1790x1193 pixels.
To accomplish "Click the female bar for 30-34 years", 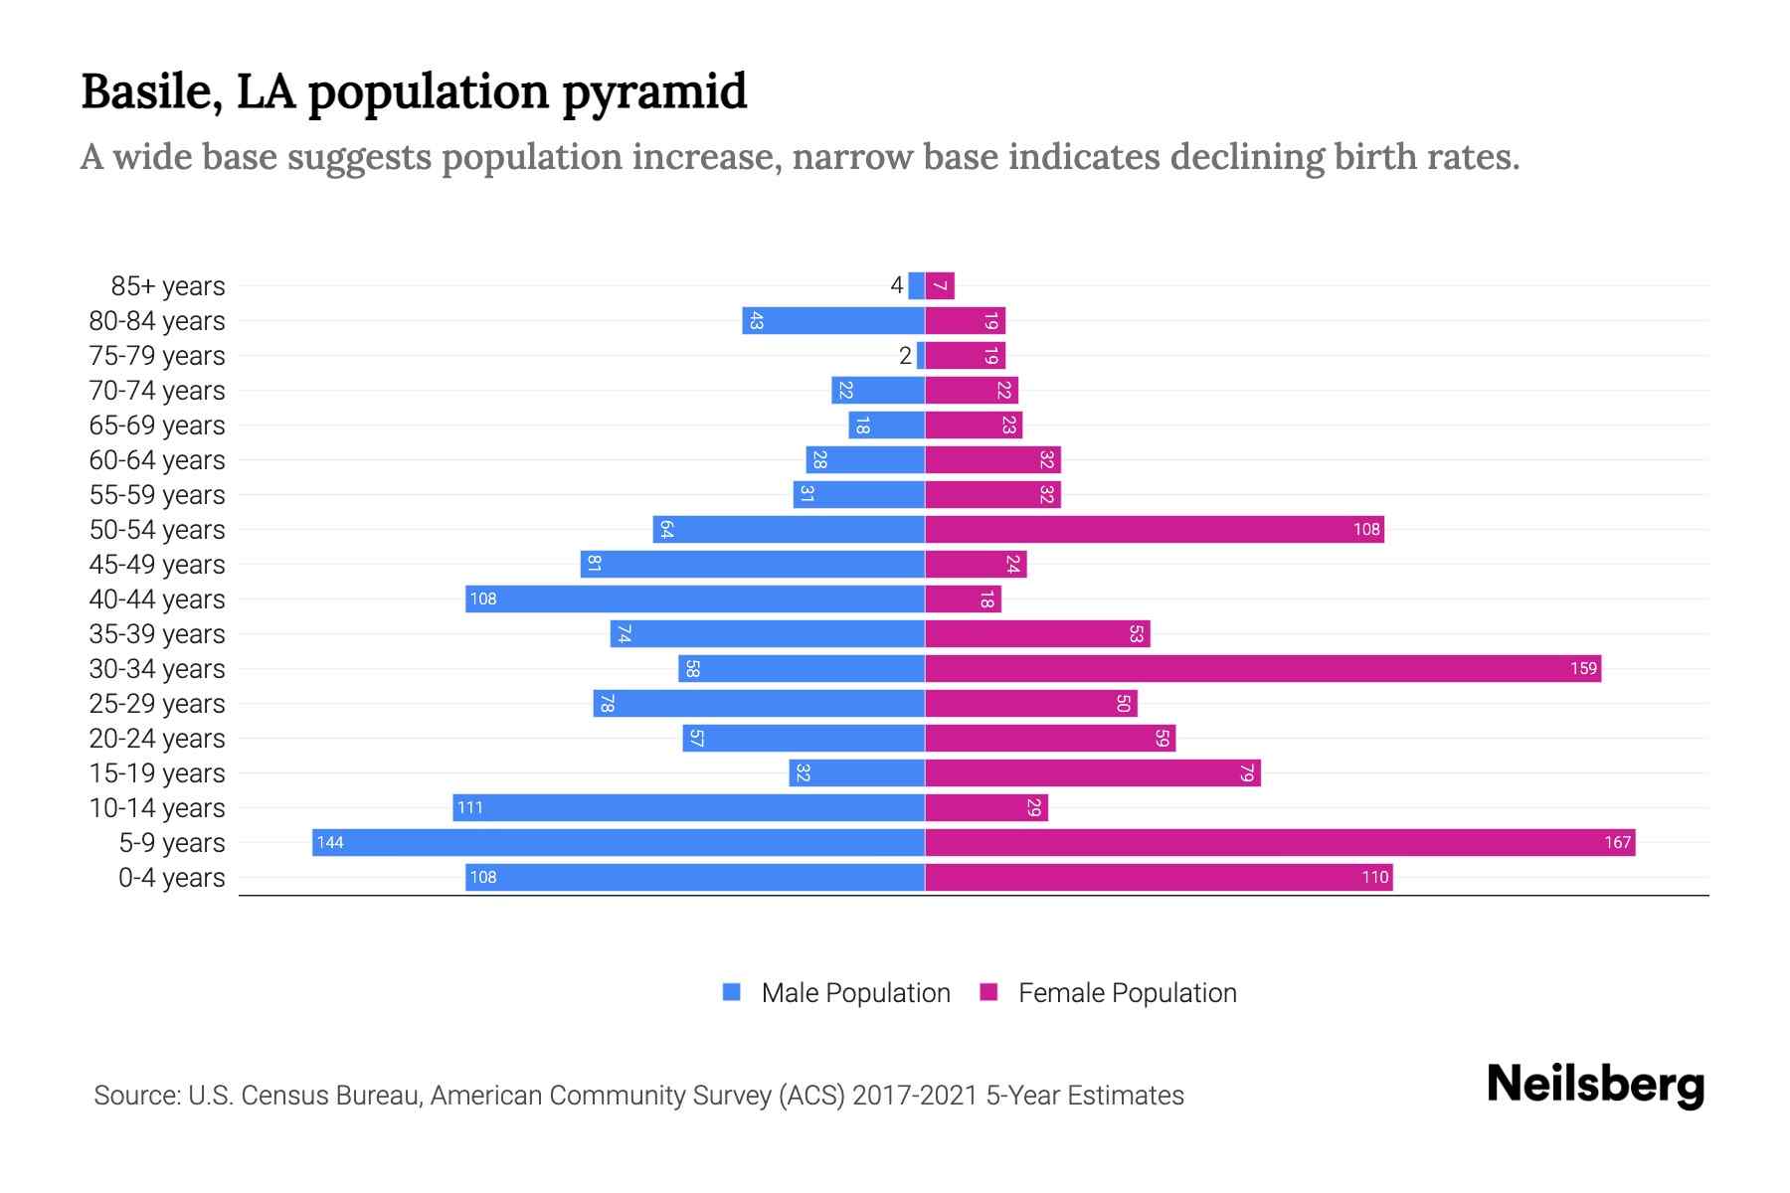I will click(x=1263, y=668).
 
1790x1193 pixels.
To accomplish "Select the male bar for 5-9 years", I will click(x=619, y=842).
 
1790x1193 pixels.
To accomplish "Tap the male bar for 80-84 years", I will click(x=833, y=320).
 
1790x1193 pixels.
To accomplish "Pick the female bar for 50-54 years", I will click(x=1154, y=529).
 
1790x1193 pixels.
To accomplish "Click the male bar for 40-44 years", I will click(x=695, y=598).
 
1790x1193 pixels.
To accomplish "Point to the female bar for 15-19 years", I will click(x=1092, y=772).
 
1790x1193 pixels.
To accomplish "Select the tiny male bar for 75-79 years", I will click(x=921, y=355).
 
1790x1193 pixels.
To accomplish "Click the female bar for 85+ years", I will click(x=940, y=285).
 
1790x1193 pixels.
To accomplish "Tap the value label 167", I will click(x=1617, y=842).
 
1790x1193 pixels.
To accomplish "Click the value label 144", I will click(x=330, y=842).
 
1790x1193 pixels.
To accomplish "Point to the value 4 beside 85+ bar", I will click(x=896, y=285).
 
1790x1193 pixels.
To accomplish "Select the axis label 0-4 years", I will click(x=171, y=877).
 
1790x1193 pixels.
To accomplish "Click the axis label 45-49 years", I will click(x=157, y=564).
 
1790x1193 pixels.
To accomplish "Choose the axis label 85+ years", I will click(x=167, y=285).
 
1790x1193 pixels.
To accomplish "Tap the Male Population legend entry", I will click(x=854, y=992).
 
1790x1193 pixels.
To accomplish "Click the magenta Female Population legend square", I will click(x=988, y=992).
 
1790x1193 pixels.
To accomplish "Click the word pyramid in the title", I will click(x=653, y=91).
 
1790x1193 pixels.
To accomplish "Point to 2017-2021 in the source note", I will click(x=914, y=1095).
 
